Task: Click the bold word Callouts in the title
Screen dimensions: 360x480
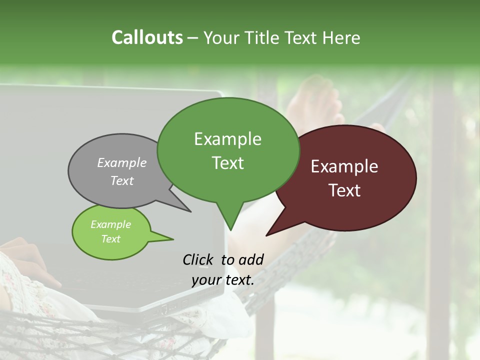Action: pos(147,37)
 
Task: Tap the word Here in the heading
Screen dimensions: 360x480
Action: pos(341,38)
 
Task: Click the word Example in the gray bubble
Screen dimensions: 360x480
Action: pos(122,162)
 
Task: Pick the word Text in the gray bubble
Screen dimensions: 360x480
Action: pos(122,180)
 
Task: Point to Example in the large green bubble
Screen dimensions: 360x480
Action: pos(227,139)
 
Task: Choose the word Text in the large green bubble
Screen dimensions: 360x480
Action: pos(227,163)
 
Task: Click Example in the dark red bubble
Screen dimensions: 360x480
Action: pos(344,166)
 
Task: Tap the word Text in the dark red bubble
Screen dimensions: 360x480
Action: pos(344,190)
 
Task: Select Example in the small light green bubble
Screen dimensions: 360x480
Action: pos(110,224)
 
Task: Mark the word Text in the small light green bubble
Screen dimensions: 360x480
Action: pos(110,239)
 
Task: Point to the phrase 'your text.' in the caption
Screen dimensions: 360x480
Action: pos(223,280)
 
